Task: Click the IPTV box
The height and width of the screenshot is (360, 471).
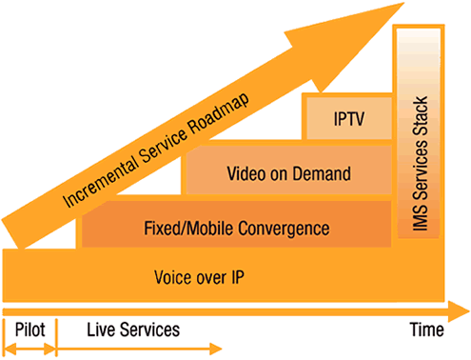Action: (347, 119)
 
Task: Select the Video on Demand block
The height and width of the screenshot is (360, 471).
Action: (285, 173)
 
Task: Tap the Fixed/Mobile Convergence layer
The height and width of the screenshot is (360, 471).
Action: (236, 228)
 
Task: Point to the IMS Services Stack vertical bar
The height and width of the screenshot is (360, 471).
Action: (422, 143)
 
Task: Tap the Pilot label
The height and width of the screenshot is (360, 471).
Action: (29, 330)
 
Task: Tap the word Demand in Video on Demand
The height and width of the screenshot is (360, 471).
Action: (324, 173)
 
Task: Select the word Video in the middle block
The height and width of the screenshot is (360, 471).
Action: (245, 173)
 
